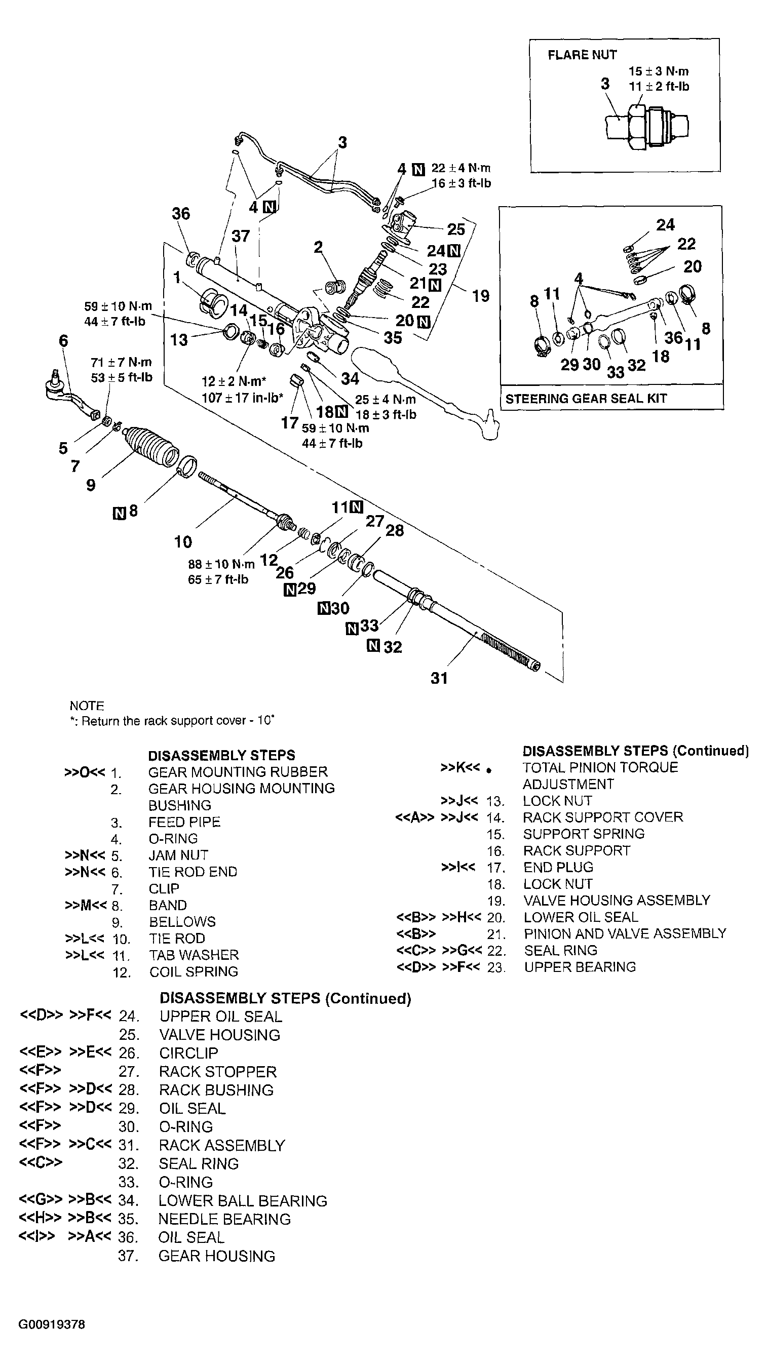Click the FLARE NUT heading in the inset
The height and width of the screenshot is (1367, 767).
click(582, 55)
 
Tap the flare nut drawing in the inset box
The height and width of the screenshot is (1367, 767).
click(646, 126)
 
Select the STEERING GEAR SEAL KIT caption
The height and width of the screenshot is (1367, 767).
click(586, 399)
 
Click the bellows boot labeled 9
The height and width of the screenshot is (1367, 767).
click(151, 446)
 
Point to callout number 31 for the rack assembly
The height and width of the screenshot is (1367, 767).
click(438, 678)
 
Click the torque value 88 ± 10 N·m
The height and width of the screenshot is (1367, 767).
click(221, 564)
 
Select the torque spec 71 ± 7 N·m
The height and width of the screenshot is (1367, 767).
click(121, 363)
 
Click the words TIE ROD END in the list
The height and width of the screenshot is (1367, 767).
click(193, 872)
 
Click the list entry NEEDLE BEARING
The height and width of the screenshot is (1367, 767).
click(224, 1219)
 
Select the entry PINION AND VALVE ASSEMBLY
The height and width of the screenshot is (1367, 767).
click(624, 933)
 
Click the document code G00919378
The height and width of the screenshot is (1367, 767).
click(52, 1324)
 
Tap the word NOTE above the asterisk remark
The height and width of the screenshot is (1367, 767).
click(87, 706)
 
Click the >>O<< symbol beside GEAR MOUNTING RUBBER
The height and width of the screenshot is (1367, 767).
click(84, 771)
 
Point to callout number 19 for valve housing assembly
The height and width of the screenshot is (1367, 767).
click(480, 296)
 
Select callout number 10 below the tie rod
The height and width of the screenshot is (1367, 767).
click(182, 542)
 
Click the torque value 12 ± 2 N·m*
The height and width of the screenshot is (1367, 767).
click(233, 381)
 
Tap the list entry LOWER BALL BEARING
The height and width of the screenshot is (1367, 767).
click(243, 1200)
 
